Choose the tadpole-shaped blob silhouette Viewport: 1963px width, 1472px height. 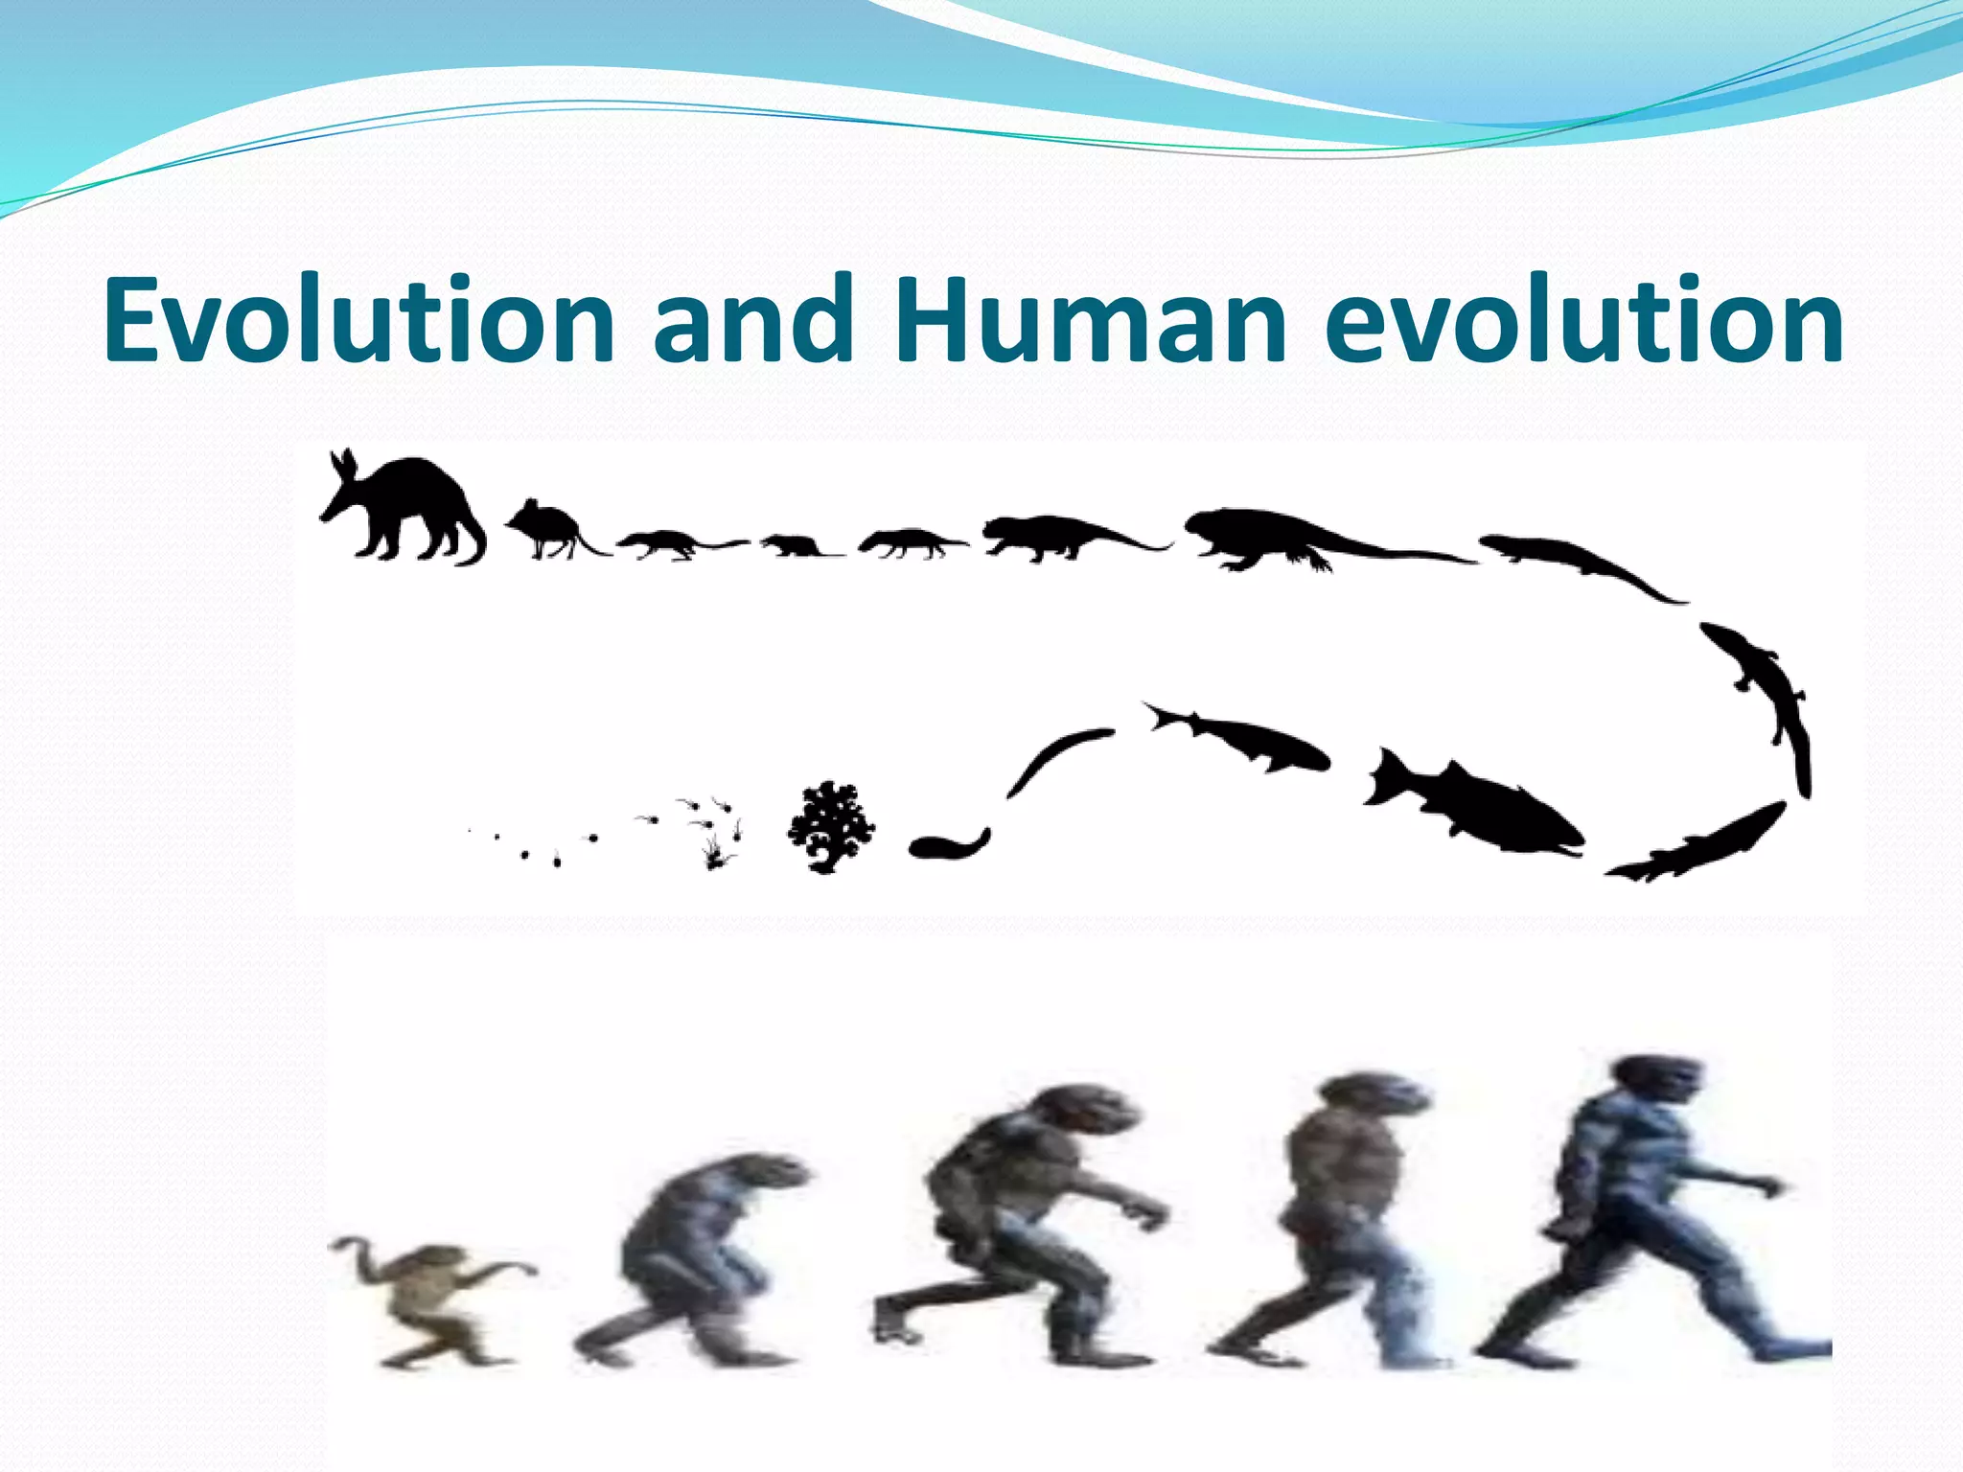click(944, 844)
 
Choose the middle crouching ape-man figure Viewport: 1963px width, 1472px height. click(1026, 1227)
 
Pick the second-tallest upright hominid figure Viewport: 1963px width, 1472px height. click(1342, 1217)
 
